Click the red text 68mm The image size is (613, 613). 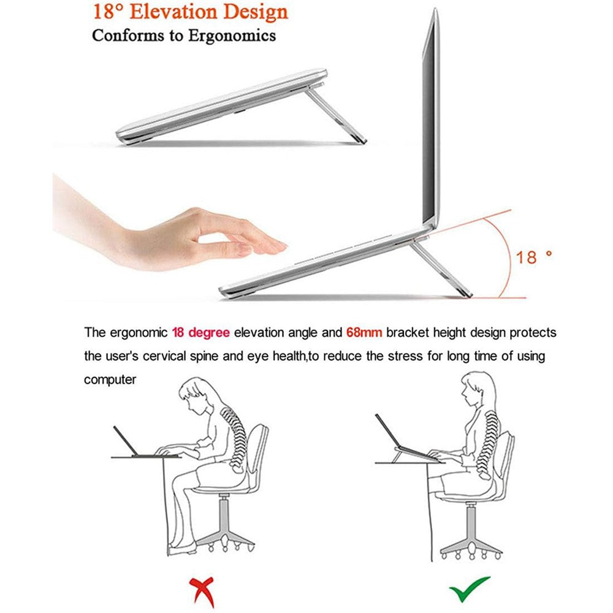pos(365,333)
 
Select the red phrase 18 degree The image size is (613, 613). pos(200,333)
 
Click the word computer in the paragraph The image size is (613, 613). pos(110,379)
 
